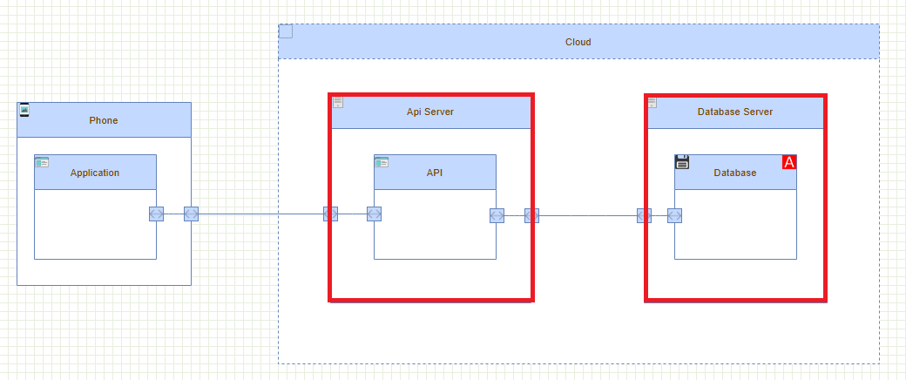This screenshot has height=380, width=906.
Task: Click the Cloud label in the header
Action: click(578, 42)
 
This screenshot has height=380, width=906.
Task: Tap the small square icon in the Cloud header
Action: click(286, 32)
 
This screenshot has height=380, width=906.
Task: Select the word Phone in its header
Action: click(103, 120)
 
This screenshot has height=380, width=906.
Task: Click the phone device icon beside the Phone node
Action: click(24, 109)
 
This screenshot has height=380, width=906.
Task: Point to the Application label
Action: click(95, 173)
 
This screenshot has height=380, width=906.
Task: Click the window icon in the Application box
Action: click(42, 162)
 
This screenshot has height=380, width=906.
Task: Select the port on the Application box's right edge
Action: click(156, 214)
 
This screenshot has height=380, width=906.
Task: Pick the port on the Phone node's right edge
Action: click(191, 214)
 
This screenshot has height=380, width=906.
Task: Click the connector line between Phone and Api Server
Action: click(261, 214)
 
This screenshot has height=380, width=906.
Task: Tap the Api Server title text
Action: click(430, 112)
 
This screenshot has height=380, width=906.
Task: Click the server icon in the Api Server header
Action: click(338, 103)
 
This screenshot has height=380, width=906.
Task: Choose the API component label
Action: click(435, 173)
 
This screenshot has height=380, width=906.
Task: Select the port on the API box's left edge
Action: click(375, 214)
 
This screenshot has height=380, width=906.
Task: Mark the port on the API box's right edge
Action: click(497, 215)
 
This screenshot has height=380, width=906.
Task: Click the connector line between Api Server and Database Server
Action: click(588, 215)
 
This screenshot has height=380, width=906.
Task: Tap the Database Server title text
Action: click(735, 112)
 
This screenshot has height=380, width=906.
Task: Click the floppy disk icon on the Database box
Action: click(682, 162)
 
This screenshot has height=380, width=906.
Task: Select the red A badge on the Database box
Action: click(789, 162)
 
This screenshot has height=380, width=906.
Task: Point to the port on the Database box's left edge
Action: click(674, 215)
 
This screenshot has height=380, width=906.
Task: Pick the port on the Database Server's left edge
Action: click(645, 215)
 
